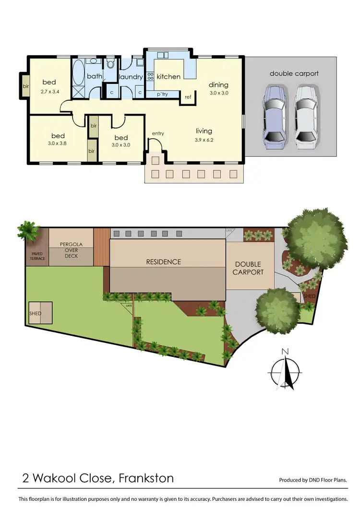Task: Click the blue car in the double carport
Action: (x=274, y=115)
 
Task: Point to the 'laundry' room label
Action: (x=130, y=77)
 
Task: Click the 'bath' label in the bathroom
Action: (x=94, y=76)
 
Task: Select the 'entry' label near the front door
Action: (x=158, y=133)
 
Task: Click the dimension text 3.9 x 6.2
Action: (x=204, y=140)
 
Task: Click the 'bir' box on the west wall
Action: (x=25, y=86)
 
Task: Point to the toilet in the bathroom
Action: (x=110, y=65)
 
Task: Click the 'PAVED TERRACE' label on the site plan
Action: (x=38, y=256)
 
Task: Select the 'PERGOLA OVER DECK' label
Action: (x=71, y=250)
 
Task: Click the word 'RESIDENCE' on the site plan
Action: (x=164, y=262)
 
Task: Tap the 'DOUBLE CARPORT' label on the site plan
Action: (x=248, y=268)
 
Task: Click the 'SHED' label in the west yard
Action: (x=35, y=313)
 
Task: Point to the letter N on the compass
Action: (x=285, y=351)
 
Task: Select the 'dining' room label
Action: (x=218, y=85)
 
